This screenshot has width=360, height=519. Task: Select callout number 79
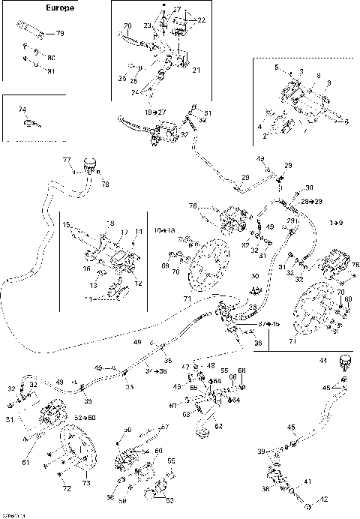pyautogui.click(x=61, y=34)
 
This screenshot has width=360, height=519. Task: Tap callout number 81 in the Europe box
pyautogui.click(x=52, y=71)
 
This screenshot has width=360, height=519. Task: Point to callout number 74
pyautogui.click(x=22, y=109)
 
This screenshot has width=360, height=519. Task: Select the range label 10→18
pyautogui.click(x=165, y=229)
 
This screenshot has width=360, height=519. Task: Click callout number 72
pyautogui.click(x=67, y=488)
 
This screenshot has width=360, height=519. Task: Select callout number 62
pyautogui.click(x=219, y=426)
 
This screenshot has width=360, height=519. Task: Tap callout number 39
pyautogui.click(x=260, y=451)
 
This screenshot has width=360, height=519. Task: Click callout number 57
pyautogui.click(x=166, y=427)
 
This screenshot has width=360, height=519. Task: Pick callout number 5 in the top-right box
pyautogui.click(x=277, y=67)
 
